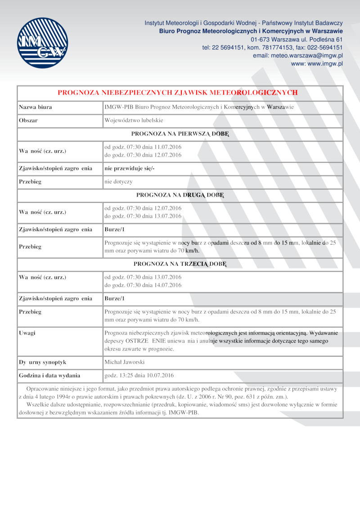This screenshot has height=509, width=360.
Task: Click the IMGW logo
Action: [x=42, y=43]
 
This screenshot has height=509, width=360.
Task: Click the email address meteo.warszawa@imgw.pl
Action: [x=298, y=56]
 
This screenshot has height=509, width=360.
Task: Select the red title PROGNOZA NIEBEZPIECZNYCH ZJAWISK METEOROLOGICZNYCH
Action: [x=178, y=93]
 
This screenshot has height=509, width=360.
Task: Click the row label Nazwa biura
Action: [x=35, y=107]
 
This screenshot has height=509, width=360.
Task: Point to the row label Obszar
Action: [x=28, y=121]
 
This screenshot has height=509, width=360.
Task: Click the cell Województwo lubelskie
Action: [x=134, y=121]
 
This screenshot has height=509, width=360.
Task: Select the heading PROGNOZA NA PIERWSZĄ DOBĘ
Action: [x=180, y=134]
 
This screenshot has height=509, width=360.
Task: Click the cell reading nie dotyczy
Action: [x=118, y=182]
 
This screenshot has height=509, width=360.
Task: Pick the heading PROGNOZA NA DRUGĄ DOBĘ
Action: [x=180, y=195]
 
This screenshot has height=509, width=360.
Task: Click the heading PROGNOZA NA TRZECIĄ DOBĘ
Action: [x=180, y=264]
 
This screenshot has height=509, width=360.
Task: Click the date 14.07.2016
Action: [x=168, y=285]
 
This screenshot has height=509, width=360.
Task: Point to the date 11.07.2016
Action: [x=168, y=147]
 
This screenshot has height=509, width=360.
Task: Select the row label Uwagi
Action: [x=27, y=333]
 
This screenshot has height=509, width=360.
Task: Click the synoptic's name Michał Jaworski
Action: [x=125, y=362]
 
